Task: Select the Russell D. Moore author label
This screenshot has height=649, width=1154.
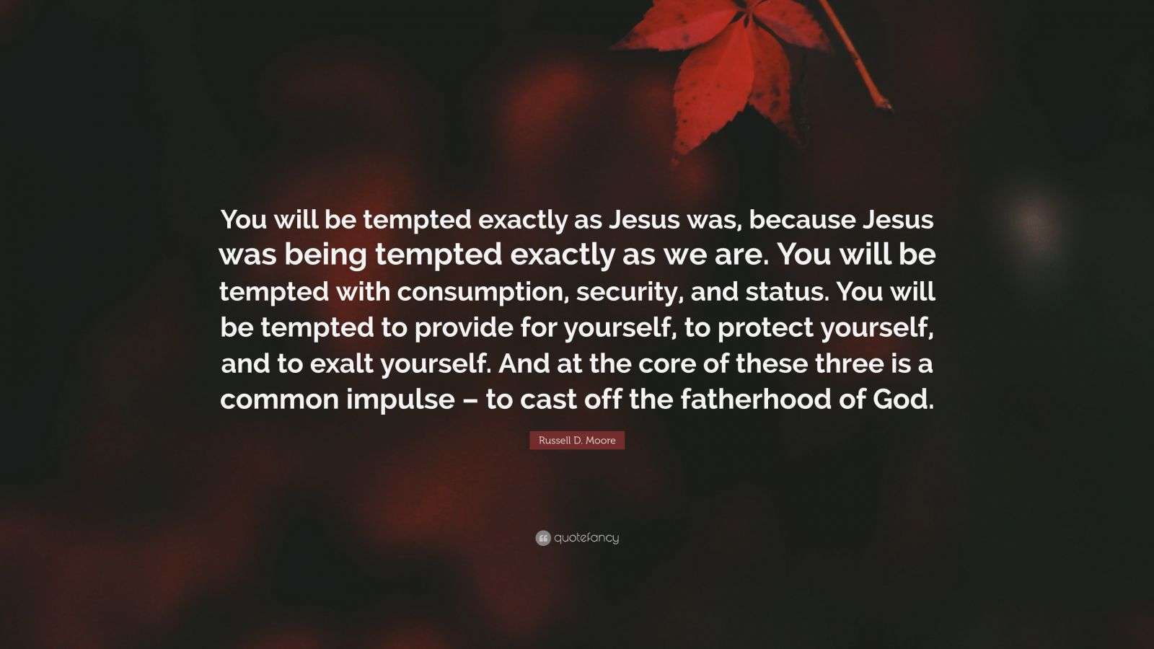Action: pos(577,441)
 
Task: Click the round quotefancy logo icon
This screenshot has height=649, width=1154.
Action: pos(543,538)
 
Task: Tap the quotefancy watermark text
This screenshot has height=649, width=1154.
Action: pos(586,538)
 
